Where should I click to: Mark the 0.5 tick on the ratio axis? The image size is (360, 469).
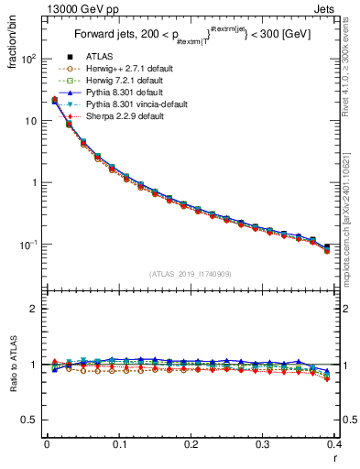tap(32, 420)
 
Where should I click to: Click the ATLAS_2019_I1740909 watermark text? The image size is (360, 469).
tap(190, 273)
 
